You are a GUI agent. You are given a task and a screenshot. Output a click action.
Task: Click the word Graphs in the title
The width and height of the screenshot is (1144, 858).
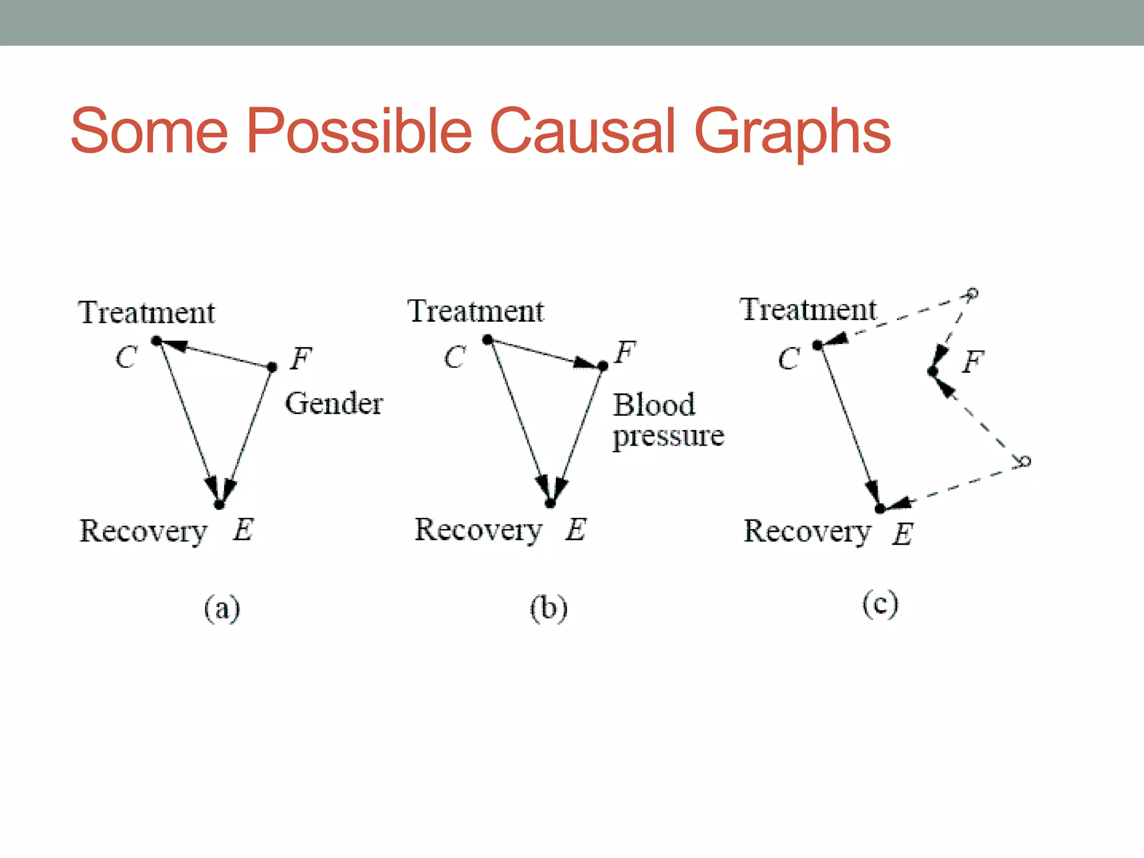coord(792,133)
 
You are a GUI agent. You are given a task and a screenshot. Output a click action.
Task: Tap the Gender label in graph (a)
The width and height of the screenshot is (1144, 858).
coord(333,403)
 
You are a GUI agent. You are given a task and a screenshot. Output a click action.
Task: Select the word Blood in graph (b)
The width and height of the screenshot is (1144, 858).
coord(654,404)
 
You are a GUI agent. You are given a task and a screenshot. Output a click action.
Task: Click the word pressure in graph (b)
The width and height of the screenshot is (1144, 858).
coord(668,436)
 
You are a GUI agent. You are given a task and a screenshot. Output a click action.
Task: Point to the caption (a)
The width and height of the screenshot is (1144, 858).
coord(222,608)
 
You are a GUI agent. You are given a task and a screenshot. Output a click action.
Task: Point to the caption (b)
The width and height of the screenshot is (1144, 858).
coord(549,608)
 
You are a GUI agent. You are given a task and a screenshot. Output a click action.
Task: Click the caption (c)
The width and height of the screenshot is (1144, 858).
coord(880,604)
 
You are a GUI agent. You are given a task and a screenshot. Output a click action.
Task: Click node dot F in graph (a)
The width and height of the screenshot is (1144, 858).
coord(272,367)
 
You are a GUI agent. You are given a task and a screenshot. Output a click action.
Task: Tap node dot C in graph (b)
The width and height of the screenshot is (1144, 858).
coord(487,340)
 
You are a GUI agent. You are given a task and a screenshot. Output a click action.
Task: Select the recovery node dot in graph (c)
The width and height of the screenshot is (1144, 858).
coord(880,508)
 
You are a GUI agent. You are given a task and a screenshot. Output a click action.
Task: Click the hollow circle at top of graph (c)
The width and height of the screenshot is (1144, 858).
coord(973,293)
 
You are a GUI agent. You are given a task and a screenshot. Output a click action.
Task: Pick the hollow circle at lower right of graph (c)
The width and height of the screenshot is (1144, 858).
coord(1024,461)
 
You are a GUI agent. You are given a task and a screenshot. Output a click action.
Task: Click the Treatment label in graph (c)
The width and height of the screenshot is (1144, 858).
coord(808,310)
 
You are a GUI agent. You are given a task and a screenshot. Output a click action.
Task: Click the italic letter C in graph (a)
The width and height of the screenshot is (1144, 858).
coord(126,357)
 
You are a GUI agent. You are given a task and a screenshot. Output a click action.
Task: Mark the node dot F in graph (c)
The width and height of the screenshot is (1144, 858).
coord(932,371)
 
